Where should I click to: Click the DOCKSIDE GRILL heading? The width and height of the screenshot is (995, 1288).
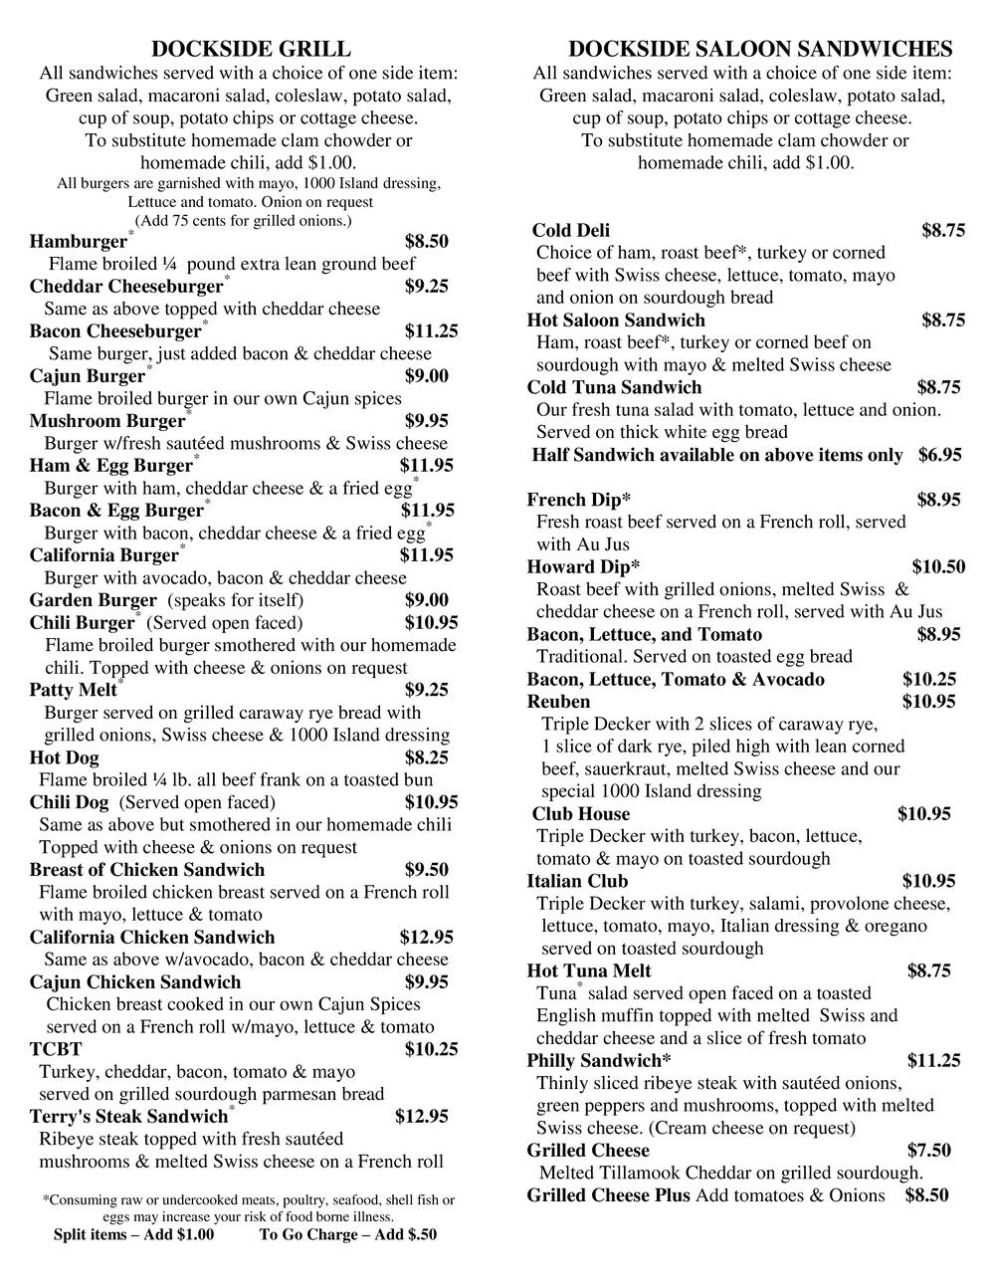click(251, 50)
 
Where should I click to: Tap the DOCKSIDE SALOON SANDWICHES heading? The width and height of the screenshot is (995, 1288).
click(760, 50)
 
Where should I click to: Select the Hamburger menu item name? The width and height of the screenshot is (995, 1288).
click(79, 242)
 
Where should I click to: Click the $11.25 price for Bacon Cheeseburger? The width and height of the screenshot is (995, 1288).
click(431, 331)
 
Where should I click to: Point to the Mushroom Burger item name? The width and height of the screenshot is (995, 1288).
click(107, 421)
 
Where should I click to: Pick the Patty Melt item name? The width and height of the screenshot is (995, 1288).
click(73, 690)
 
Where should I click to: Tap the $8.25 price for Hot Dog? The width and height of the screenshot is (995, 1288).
click(427, 757)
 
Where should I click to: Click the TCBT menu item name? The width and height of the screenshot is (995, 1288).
click(56, 1049)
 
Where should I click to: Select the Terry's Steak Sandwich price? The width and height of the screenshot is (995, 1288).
click(422, 1117)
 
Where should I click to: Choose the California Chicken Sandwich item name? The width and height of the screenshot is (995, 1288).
click(152, 937)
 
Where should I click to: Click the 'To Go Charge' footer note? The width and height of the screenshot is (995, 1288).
click(347, 1235)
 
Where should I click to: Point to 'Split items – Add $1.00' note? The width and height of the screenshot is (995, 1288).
click(133, 1235)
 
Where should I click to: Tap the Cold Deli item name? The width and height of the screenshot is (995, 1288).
click(571, 231)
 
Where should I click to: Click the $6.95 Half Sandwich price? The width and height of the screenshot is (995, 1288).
click(939, 455)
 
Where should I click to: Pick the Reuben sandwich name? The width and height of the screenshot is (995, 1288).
click(558, 702)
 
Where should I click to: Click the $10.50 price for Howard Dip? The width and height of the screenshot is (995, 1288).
click(938, 567)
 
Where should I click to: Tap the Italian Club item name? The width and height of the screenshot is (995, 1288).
click(577, 881)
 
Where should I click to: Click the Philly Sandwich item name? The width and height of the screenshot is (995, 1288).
click(599, 1061)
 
